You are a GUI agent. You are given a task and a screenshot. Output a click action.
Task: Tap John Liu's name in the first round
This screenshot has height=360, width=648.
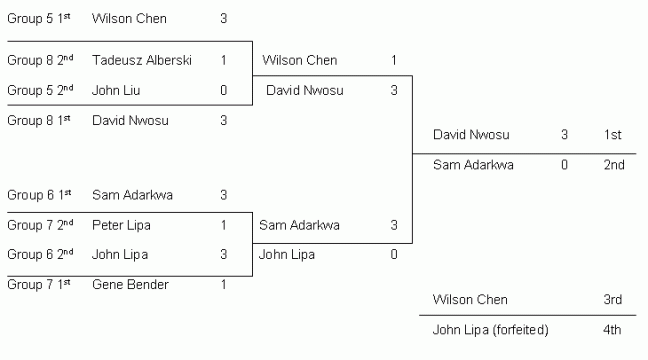[116, 90]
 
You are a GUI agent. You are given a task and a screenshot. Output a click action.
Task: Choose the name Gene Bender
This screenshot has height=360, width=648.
[130, 285]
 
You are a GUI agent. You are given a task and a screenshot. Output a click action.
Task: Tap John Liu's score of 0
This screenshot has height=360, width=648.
[223, 90]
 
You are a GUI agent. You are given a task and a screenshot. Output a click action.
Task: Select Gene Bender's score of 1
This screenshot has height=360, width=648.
[223, 285]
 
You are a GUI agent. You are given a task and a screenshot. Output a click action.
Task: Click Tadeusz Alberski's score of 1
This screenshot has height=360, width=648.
[223, 60]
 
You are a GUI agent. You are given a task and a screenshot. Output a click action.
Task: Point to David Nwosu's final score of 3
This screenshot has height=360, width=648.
[565, 134]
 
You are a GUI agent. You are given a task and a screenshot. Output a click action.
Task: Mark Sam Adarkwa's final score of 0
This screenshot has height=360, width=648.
[565, 164]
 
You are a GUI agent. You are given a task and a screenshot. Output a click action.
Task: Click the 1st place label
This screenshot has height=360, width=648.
[613, 134]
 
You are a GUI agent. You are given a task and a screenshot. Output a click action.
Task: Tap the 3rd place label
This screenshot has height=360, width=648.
[613, 299]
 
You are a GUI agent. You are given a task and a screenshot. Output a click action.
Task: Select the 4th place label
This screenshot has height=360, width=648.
[613, 329]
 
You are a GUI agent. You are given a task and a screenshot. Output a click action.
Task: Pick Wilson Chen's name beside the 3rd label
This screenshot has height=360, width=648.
[470, 299]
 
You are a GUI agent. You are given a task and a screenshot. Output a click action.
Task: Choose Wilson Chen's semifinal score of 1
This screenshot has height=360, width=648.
[394, 60]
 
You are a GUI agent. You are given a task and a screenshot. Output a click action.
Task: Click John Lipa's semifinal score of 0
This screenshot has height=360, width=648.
[394, 254]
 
